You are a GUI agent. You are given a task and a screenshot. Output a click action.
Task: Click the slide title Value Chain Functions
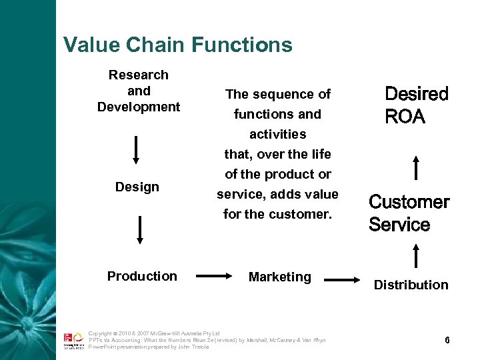[x=177, y=45]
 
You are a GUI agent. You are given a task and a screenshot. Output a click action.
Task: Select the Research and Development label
[x=139, y=91]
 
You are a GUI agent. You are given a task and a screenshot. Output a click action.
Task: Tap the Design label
[x=137, y=187]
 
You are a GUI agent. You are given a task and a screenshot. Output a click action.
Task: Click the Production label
[x=142, y=276]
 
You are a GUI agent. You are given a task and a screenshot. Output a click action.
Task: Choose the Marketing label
[x=279, y=277]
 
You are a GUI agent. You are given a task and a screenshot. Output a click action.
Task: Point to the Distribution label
[x=411, y=285]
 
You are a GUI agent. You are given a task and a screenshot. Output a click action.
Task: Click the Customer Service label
[x=409, y=213]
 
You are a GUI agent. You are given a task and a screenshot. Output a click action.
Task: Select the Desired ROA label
[x=417, y=105]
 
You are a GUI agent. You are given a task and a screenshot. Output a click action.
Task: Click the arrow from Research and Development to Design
[x=137, y=149]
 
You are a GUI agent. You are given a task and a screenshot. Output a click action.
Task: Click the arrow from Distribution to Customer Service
[x=417, y=256]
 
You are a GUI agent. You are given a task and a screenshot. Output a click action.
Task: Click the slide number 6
[x=447, y=340]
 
